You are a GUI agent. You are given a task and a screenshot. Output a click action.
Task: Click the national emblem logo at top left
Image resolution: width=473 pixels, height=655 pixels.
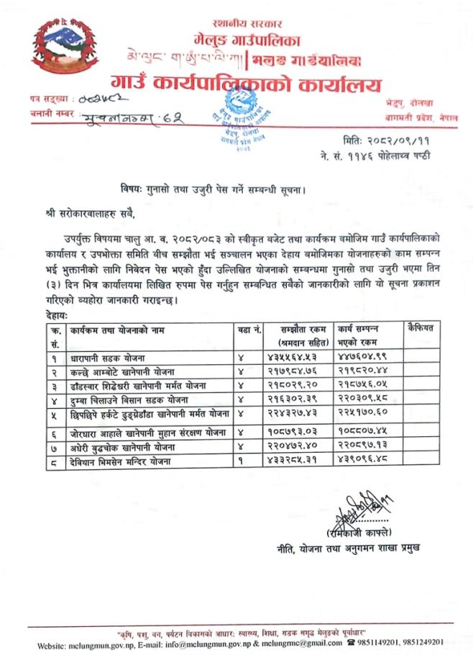pyautogui.click(x=63, y=53)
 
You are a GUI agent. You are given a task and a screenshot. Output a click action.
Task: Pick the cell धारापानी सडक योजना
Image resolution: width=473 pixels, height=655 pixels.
pyautogui.click(x=109, y=357)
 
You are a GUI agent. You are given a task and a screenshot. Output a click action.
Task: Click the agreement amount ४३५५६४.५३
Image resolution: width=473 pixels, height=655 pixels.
pyautogui.click(x=293, y=357)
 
